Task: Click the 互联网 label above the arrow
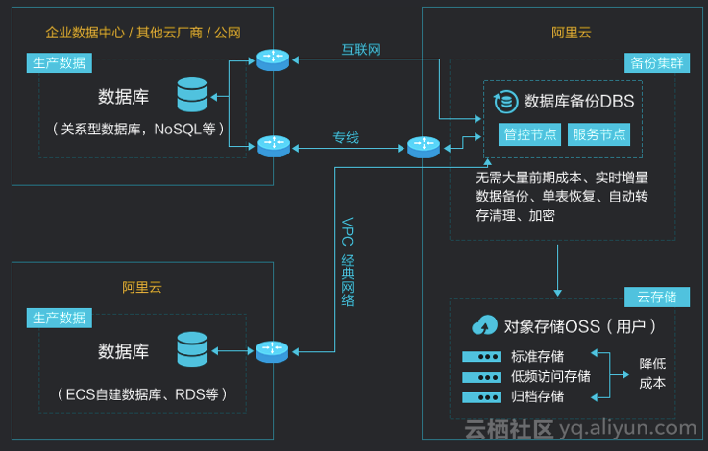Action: click(362, 49)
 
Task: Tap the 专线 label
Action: click(346, 137)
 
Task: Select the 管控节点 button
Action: click(530, 133)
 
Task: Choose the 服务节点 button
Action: click(598, 133)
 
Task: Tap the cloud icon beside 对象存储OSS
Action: click(484, 325)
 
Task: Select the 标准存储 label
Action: click(538, 356)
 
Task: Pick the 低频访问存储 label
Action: click(551, 376)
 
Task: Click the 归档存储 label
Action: click(538, 396)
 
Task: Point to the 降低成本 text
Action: click(652, 373)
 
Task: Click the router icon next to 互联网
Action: click(272, 59)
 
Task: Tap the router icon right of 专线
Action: click(423, 147)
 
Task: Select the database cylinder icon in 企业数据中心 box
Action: click(192, 96)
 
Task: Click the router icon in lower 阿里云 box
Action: click(272, 351)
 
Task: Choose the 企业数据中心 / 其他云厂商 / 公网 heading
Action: click(143, 33)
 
